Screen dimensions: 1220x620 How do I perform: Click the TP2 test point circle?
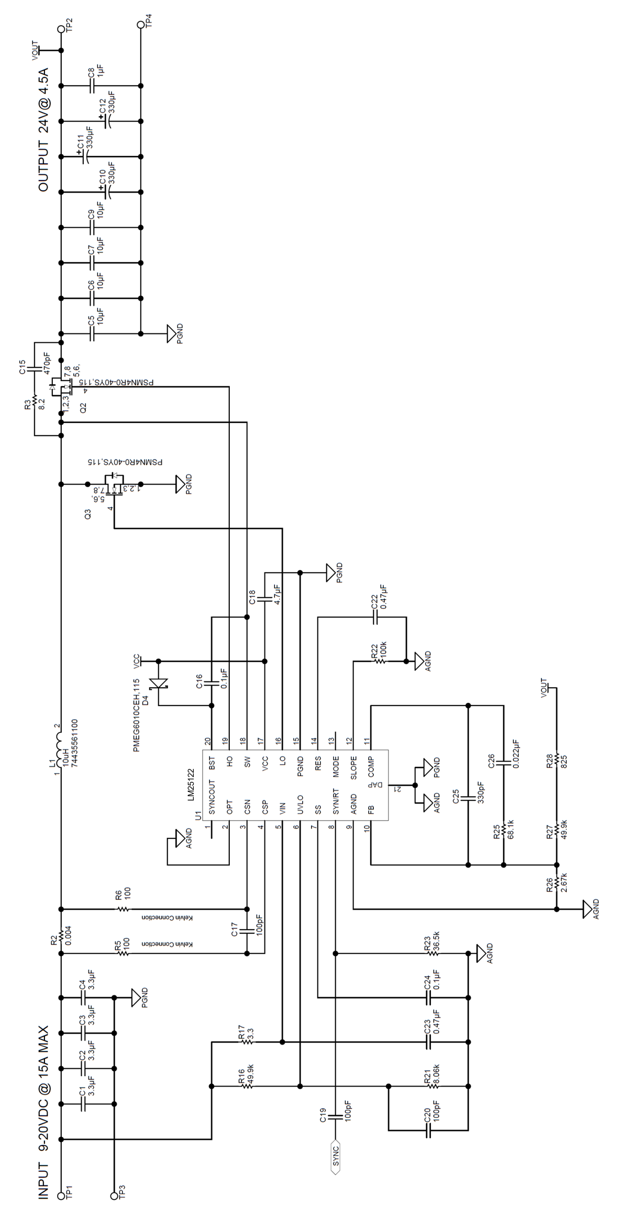point(61,24)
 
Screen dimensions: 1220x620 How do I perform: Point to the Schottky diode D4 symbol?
point(158,683)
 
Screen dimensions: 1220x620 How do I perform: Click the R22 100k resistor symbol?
point(379,662)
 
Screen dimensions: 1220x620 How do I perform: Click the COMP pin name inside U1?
point(371,766)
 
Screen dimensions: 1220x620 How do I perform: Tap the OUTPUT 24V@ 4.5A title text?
point(43,129)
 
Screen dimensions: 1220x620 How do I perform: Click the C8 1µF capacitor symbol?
point(92,85)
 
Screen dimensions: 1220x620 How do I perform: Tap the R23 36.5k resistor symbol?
point(433,953)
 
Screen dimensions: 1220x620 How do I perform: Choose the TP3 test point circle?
point(114,1195)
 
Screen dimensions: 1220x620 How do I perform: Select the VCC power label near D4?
point(136,659)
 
